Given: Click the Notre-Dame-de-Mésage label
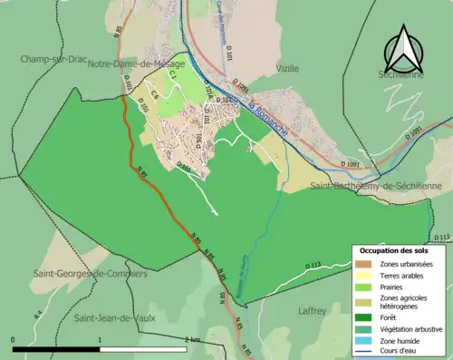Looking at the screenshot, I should (136, 64).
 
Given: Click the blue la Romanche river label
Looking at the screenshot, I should (269, 119).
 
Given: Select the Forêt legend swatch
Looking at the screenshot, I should (365, 317).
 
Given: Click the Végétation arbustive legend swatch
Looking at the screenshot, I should (365, 329).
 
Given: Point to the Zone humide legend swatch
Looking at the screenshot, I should (365, 341).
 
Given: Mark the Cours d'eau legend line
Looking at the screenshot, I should (365, 352).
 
